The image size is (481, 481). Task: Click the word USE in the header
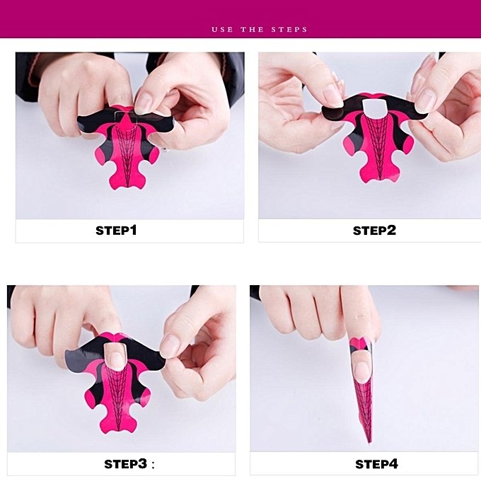(222, 30)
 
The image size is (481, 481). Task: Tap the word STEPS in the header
(289, 30)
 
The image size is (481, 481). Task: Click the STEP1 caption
(116, 231)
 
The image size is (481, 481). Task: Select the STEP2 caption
(374, 231)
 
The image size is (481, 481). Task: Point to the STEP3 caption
(126, 464)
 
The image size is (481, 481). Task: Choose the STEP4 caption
(377, 464)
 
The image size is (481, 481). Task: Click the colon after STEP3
(153, 465)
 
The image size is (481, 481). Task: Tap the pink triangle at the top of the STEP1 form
(125, 121)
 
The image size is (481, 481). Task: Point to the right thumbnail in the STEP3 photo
(168, 345)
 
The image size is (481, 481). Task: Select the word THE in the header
(252, 30)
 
